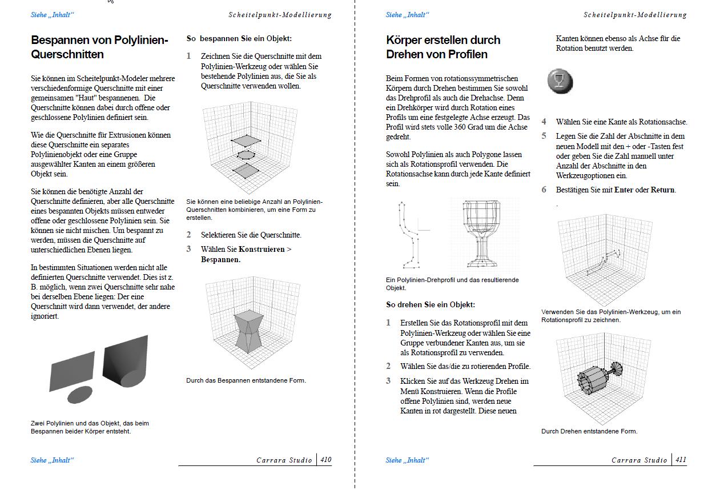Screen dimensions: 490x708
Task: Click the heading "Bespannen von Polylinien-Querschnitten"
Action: (x=99, y=47)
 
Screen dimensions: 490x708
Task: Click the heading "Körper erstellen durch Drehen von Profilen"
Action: (x=443, y=47)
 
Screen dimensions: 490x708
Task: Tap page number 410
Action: (x=325, y=460)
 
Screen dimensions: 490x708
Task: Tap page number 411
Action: (x=681, y=460)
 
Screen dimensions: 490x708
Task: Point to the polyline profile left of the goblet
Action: (x=407, y=235)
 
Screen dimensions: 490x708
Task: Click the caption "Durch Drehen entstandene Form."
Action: (x=589, y=431)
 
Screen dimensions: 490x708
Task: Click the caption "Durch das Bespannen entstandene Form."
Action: (x=246, y=380)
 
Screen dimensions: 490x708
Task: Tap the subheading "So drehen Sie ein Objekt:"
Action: (x=431, y=305)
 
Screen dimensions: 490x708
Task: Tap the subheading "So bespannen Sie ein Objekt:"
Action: (x=239, y=39)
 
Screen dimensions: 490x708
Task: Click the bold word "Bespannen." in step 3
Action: (x=220, y=259)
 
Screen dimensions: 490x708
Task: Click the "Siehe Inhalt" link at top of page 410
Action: (x=52, y=15)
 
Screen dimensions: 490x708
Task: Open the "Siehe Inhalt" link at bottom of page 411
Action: (x=407, y=460)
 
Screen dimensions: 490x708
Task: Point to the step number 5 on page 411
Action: (x=544, y=136)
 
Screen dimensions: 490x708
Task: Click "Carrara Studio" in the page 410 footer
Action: (x=284, y=460)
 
